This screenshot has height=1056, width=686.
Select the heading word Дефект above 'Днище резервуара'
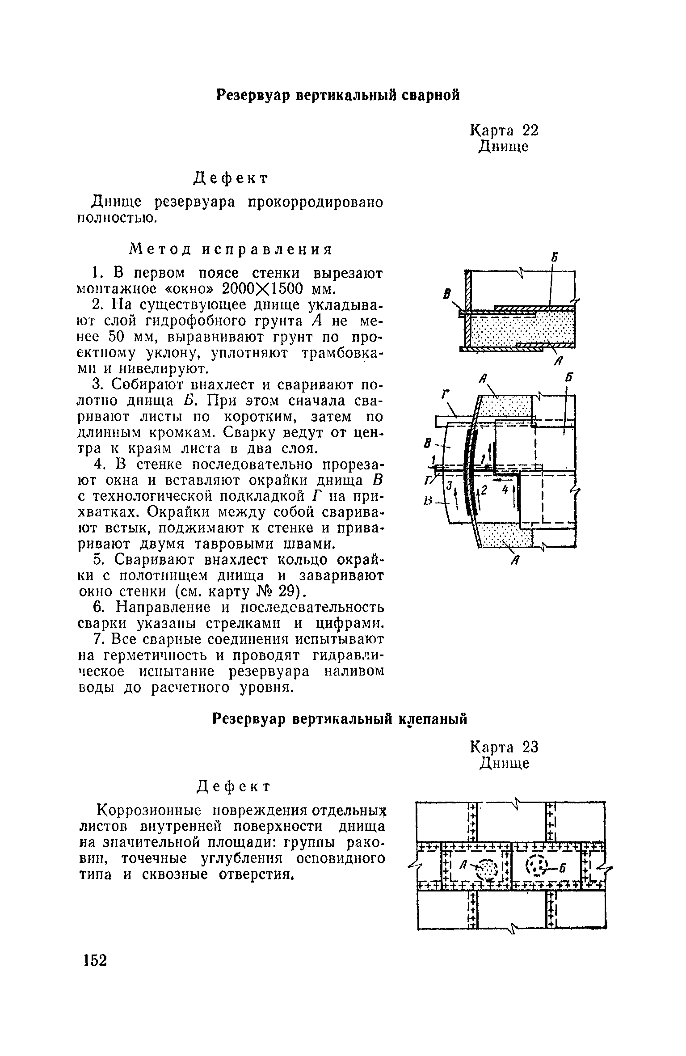coord(231,178)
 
